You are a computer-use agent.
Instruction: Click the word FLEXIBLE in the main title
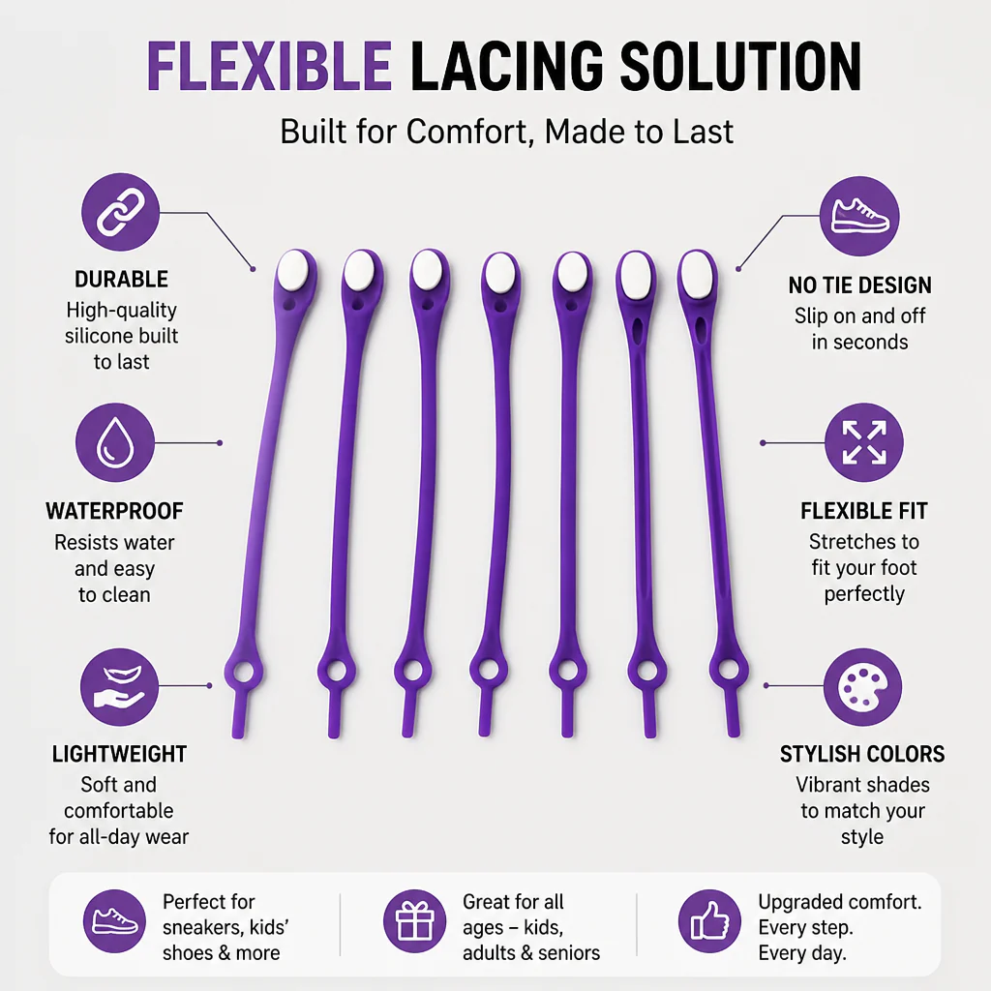269,67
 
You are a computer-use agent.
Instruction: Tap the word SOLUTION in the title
740,67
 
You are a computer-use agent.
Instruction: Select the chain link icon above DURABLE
120,212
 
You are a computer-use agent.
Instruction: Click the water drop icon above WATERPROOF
115,443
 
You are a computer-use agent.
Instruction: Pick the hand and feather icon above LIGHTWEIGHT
119,687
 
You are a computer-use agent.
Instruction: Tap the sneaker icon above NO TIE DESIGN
859,216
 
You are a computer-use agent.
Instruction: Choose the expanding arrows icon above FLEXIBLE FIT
864,442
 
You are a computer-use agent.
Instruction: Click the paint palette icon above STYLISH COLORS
862,687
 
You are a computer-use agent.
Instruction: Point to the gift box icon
414,921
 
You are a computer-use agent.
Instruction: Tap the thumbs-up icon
709,921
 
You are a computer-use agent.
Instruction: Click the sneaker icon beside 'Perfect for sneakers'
114,921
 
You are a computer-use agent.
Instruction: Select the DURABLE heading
121,280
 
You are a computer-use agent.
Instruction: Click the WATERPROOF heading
114,511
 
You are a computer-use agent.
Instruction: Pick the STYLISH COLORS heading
862,754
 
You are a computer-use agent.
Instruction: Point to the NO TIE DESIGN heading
859,285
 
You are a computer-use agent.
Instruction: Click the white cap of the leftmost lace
293,271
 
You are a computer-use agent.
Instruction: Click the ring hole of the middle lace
489,670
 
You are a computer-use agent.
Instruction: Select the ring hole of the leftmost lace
243,673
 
